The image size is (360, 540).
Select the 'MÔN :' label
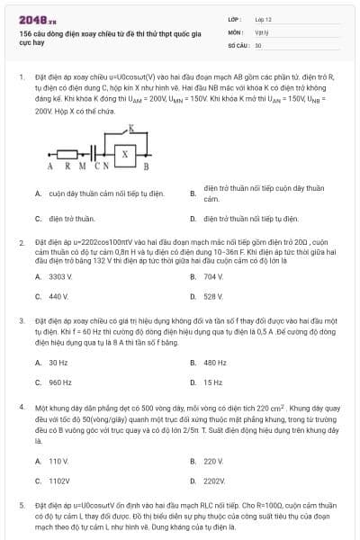point(235,31)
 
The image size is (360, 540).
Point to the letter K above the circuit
point(132,130)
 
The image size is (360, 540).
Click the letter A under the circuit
point(50,166)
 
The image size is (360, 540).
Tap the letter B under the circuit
point(147,166)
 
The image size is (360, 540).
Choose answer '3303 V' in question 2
point(59,276)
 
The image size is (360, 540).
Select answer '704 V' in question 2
point(213,276)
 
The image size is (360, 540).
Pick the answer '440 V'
point(58,296)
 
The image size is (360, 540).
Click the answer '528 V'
point(213,296)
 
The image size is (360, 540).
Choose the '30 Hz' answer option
point(58,363)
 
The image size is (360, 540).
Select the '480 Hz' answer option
point(215,363)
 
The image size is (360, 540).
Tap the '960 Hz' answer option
point(59,382)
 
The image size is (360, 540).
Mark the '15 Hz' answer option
point(213,382)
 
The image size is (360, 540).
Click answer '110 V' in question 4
point(58,461)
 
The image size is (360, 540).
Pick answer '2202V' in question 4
point(214,481)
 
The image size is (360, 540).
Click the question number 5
point(22,506)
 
